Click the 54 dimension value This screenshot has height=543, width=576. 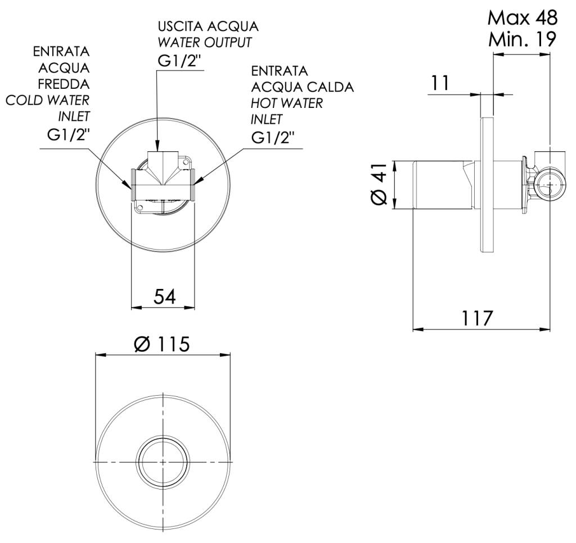pyautogui.click(x=165, y=296)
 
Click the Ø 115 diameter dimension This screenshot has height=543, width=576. pyautogui.click(x=162, y=345)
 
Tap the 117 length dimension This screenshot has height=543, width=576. pyautogui.click(x=476, y=318)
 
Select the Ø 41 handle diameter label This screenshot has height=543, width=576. pyautogui.click(x=379, y=184)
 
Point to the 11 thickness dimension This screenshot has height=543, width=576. pyautogui.click(x=440, y=83)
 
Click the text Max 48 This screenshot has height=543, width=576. pyautogui.click(x=523, y=17)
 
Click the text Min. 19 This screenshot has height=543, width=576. pyautogui.click(x=522, y=39)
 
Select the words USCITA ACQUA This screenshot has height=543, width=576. pyautogui.click(x=208, y=26)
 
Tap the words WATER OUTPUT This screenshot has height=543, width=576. pyautogui.click(x=205, y=43)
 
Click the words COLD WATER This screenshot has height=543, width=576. pyautogui.click(x=47, y=100)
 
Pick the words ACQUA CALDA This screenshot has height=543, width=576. pyautogui.click(x=302, y=87)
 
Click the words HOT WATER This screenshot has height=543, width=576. pyautogui.click(x=286, y=103)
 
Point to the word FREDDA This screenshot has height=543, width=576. pyautogui.click(x=64, y=84)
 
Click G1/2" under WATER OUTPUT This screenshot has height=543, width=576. pyautogui.click(x=180, y=61)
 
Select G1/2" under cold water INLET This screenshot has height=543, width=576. pyautogui.click(x=68, y=135)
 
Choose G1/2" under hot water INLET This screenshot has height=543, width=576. pyautogui.click(x=273, y=138)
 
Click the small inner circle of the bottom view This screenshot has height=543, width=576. pyautogui.click(x=163, y=461)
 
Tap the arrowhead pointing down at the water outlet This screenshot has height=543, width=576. pyautogui.click(x=157, y=147)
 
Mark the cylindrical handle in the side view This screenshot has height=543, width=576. pyautogui.click(x=443, y=185)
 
